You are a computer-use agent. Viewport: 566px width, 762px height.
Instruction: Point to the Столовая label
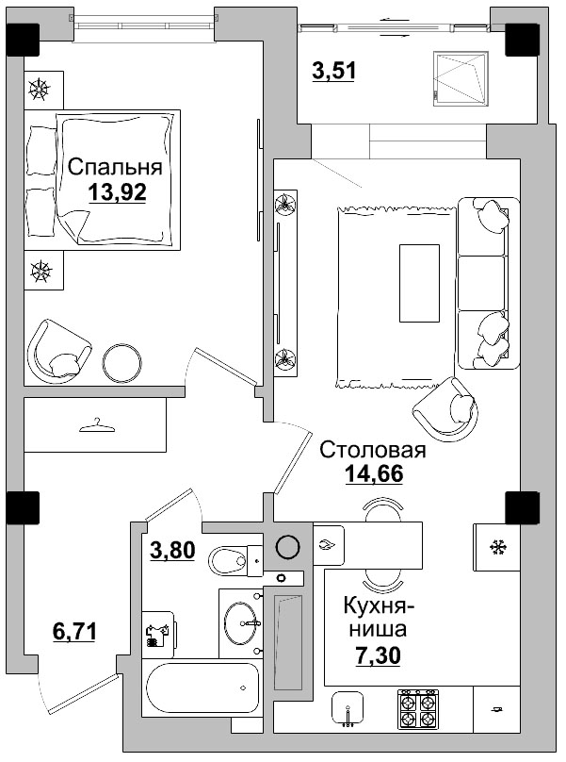tap(373, 450)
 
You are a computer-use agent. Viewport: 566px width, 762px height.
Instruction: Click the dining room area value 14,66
tap(373, 474)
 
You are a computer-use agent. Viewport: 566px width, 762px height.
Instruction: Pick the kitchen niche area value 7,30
tap(378, 654)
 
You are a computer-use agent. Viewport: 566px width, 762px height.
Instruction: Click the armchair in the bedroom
tap(58, 350)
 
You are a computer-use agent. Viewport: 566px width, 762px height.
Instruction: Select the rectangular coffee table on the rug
tap(419, 283)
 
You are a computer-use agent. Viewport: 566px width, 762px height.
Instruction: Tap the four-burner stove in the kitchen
tap(419, 709)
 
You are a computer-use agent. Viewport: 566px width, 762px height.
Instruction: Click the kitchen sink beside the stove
tap(349, 708)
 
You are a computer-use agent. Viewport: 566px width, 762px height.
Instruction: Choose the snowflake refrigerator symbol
tap(496, 546)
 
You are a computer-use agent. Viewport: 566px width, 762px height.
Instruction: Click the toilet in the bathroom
tap(230, 562)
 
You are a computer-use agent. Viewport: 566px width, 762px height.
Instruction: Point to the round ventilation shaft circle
tap(287, 545)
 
